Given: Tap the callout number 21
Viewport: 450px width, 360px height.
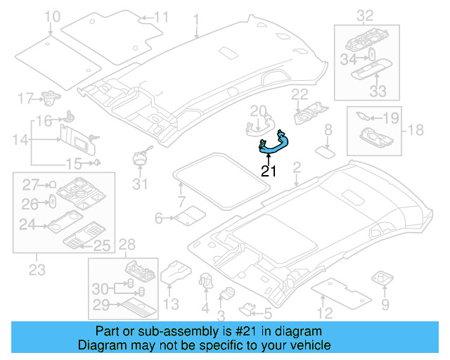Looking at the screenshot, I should [269, 170].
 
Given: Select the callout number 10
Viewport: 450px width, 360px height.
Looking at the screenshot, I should [52, 16].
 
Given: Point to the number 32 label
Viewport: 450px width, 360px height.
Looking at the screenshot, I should [365, 15].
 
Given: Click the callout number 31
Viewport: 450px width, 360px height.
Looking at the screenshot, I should [141, 184].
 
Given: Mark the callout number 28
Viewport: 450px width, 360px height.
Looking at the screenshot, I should [127, 244].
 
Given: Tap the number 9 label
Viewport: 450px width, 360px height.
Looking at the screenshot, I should [385, 304].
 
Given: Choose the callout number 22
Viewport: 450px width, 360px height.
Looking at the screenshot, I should [300, 94].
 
